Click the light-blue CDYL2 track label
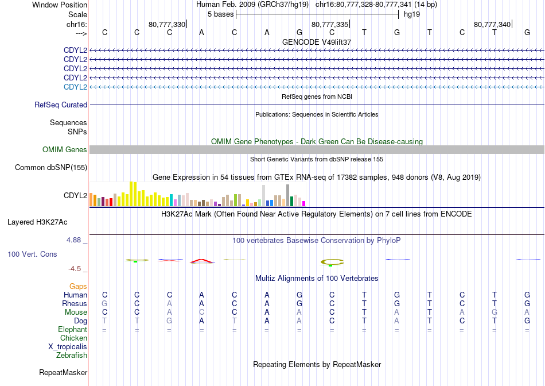75,87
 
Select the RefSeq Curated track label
61,105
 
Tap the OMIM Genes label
65,150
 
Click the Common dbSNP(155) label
51,167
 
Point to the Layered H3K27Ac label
37,222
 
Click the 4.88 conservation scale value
73,240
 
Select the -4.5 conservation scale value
75,269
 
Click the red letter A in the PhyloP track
202,261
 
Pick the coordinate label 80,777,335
329,24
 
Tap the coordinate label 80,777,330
167,24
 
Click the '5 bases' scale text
221,14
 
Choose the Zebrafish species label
72,356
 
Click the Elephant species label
73,329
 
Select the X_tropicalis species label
68,347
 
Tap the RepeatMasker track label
63,372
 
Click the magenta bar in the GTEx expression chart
304,203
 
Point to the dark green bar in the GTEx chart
291,202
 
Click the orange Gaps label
78,286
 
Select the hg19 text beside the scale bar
412,14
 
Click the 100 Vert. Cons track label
32,254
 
